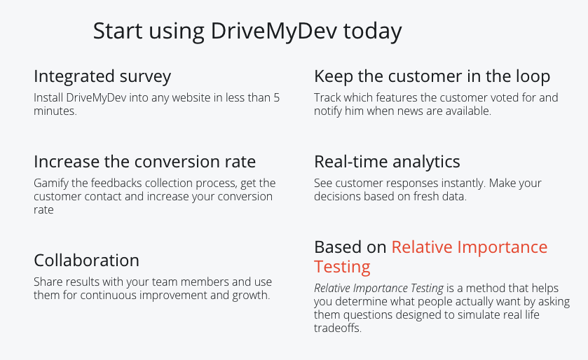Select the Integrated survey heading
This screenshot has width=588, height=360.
102,76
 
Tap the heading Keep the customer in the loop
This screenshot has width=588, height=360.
432,76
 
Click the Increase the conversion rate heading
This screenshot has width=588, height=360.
144,162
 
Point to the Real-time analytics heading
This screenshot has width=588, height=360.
387,162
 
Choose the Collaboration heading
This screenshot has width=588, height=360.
86,261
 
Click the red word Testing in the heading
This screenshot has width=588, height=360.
342,267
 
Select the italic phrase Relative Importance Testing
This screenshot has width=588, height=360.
378,289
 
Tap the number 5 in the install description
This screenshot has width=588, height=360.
276,98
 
